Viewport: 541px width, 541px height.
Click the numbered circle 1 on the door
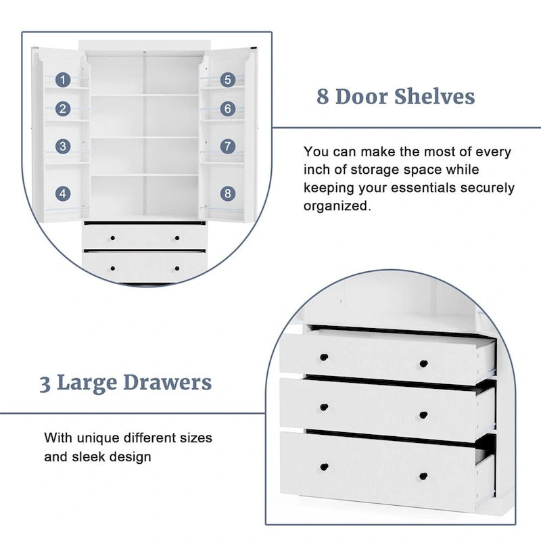point(63,80)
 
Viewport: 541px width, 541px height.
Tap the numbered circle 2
point(63,108)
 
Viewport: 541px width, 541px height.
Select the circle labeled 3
point(63,145)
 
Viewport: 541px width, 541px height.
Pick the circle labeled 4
point(63,193)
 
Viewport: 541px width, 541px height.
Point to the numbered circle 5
point(228,80)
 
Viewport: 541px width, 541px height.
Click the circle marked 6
point(228,108)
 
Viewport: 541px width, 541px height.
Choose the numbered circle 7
point(228,145)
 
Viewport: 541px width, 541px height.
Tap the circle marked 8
point(228,193)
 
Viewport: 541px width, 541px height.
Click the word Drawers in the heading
point(172,383)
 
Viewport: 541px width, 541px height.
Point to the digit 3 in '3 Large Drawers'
point(45,383)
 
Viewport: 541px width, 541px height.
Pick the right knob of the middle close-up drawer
point(423,415)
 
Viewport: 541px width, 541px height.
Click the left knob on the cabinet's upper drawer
point(112,237)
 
